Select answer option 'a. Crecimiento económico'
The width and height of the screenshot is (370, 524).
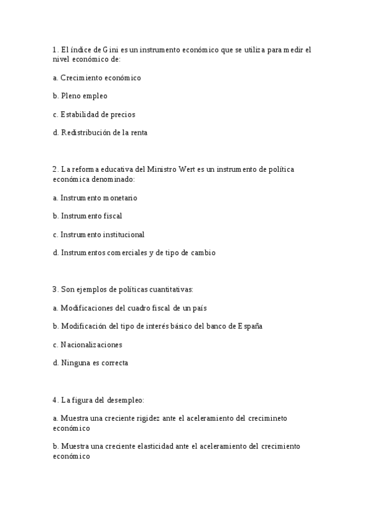pyautogui.click(x=97, y=78)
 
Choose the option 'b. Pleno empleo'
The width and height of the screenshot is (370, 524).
pyautogui.click(x=80, y=96)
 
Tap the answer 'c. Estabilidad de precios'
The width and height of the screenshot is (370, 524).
pyautogui.click(x=94, y=114)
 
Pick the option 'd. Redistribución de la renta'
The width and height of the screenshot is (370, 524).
pyautogui.click(x=100, y=132)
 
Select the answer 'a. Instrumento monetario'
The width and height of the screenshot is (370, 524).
pyautogui.click(x=95, y=198)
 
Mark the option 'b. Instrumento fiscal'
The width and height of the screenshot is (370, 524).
pyautogui.click(x=87, y=216)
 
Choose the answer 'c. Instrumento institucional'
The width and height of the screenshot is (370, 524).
pyautogui.click(x=99, y=234)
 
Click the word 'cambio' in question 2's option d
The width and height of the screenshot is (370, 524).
pyautogui.click(x=203, y=253)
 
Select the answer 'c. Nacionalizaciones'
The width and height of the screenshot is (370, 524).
pyautogui.click(x=87, y=344)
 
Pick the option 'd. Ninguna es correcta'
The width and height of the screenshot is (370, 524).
pyautogui.click(x=90, y=363)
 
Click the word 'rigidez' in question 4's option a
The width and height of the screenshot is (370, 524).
pyautogui.click(x=148, y=418)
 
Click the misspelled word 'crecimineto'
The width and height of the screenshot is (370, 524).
pyautogui.click(x=267, y=418)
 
